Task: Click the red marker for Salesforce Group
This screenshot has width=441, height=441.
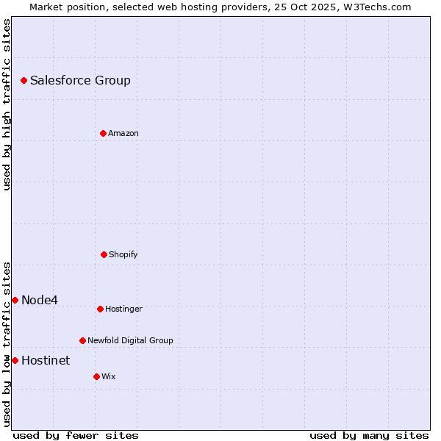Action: coord(24,80)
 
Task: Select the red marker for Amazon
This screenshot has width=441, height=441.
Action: coord(103,133)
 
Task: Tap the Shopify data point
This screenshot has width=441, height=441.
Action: coord(104,254)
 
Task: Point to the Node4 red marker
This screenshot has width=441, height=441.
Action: coord(15,300)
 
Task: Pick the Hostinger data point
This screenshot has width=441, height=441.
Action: coord(100,309)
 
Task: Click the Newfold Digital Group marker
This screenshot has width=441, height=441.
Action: coord(82,340)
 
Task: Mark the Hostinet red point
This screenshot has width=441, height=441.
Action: coord(15,360)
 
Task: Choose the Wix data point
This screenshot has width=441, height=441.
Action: coord(96,376)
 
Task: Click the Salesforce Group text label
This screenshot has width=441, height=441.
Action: coord(80,80)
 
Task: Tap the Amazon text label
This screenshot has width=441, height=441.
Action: coord(123,133)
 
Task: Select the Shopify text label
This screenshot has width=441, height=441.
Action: coord(123,254)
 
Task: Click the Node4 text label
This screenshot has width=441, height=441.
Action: coord(40,300)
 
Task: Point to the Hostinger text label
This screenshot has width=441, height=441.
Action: coord(123,309)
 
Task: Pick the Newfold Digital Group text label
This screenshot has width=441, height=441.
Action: coord(130,340)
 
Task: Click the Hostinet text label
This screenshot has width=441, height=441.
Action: coord(46,360)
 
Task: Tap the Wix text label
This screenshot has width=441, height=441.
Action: coord(109,376)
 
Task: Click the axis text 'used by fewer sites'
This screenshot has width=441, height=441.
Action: coord(76,435)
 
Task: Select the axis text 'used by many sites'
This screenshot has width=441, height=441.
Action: coord(369,435)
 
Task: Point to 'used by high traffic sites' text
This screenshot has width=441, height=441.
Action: coord(7,104)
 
